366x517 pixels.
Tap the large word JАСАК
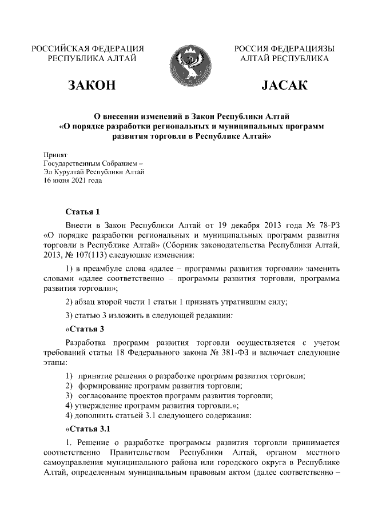[x=285, y=86]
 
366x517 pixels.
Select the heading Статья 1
[x=83, y=211]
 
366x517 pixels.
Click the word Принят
[x=55, y=155]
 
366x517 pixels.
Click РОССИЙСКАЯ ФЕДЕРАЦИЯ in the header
[x=87, y=48]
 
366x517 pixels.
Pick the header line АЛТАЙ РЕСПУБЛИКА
[x=285, y=58]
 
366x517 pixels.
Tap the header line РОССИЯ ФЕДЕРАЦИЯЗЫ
[x=285, y=48]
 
